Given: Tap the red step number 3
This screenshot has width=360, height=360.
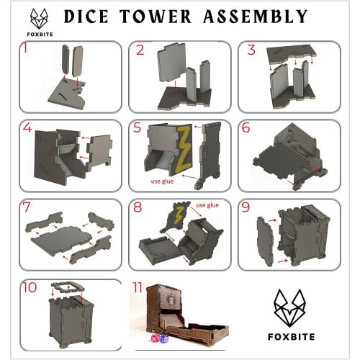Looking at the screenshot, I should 251,50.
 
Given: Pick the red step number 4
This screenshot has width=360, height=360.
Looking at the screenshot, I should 27,130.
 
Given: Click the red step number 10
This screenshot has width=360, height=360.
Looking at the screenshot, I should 29,288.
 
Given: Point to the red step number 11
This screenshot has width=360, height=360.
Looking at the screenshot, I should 138,288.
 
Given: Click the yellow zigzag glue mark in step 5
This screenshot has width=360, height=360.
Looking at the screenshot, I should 184,148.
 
